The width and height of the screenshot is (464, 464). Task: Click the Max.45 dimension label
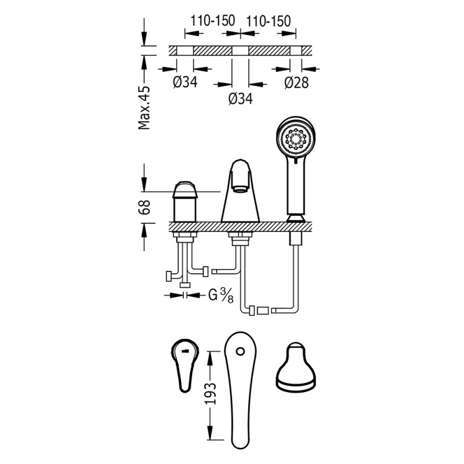145,107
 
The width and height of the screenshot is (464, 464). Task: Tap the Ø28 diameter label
296,82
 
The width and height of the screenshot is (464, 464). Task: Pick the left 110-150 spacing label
209,20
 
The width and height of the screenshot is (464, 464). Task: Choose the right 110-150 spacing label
268,20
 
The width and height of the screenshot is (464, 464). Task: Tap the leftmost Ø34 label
186,82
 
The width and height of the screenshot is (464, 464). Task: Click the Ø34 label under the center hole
240,99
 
